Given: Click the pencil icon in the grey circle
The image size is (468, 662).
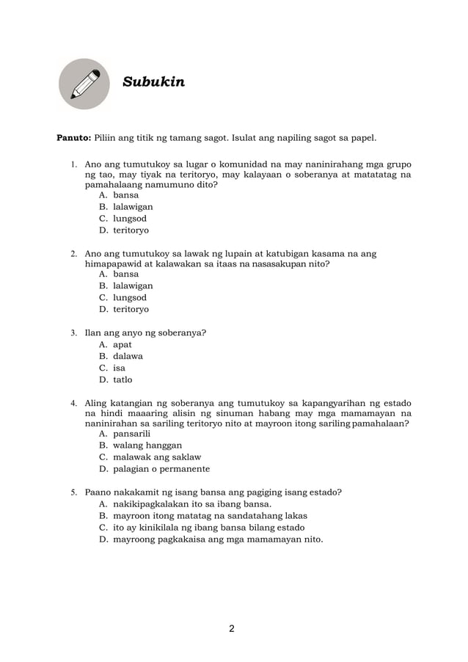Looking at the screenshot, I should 84,84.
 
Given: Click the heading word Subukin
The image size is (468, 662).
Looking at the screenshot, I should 153,81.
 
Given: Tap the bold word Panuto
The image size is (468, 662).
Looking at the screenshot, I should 74,138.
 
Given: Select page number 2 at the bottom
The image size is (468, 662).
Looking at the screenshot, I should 232,628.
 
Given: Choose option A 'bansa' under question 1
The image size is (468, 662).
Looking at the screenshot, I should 125,196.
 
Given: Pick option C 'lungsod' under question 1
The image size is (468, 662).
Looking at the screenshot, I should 130,219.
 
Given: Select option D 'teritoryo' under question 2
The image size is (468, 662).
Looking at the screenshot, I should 131,310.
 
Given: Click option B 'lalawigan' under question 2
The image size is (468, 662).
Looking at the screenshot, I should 133,286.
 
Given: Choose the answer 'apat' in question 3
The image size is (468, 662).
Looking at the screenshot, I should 123,345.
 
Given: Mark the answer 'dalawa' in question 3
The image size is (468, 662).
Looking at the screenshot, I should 128,357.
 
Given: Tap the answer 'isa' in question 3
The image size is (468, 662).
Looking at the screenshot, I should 119,368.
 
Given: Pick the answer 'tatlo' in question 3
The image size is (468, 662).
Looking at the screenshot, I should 123,380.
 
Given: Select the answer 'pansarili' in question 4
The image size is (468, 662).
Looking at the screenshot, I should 131,434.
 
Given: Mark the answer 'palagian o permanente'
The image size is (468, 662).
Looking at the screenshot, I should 161,469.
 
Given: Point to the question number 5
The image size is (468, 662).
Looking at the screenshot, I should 73,492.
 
